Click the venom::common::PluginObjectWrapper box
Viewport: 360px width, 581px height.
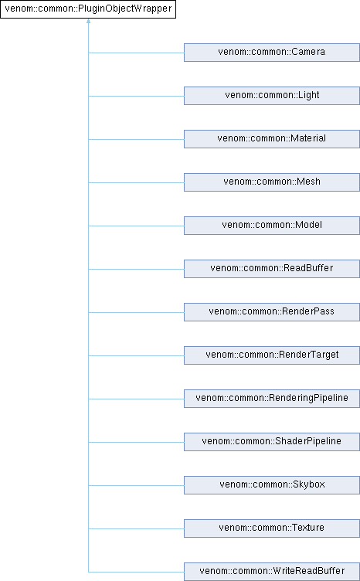tap(88, 9)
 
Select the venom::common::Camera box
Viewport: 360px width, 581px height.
tap(272, 53)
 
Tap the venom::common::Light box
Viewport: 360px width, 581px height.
tap(272, 96)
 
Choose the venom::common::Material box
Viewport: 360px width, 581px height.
tap(272, 139)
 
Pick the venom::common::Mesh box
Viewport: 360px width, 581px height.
tap(272, 182)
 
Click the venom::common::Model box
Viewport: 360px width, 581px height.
tap(272, 226)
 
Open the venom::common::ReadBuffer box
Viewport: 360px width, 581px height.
tap(272, 269)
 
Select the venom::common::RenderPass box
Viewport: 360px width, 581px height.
tap(272, 312)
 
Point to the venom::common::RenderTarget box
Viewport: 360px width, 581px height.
tap(272, 355)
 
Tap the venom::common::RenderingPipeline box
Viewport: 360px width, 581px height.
tap(272, 399)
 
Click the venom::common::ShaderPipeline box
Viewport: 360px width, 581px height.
tap(272, 442)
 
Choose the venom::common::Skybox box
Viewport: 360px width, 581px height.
tap(272, 485)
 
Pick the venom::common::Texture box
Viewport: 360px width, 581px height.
tap(272, 528)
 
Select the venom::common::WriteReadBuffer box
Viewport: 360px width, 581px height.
tap(272, 572)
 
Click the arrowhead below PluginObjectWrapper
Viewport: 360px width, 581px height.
tap(88, 21)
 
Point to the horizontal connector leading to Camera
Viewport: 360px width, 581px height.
tap(136, 53)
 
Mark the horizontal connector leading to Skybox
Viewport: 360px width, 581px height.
tap(136, 485)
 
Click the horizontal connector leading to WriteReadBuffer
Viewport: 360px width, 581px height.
tap(136, 572)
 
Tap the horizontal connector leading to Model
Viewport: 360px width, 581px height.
tap(136, 226)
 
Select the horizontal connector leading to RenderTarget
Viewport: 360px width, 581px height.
tap(136, 355)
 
